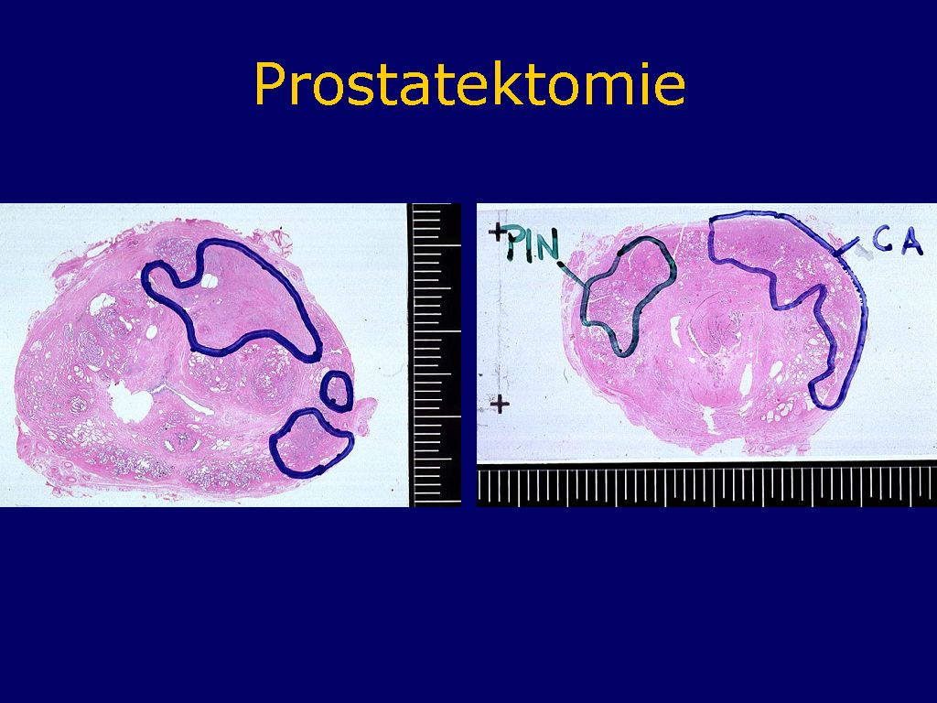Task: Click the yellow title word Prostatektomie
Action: point(469,83)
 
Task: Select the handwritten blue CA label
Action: point(897,241)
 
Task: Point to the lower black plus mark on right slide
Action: point(500,405)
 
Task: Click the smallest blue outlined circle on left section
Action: point(336,391)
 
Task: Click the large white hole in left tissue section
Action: point(130,403)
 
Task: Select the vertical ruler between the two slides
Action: point(435,355)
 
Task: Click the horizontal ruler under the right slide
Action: point(707,485)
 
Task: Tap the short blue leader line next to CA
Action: point(846,247)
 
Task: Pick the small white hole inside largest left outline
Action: point(210,280)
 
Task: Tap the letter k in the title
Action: point(504,82)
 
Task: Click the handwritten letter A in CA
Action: point(912,242)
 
